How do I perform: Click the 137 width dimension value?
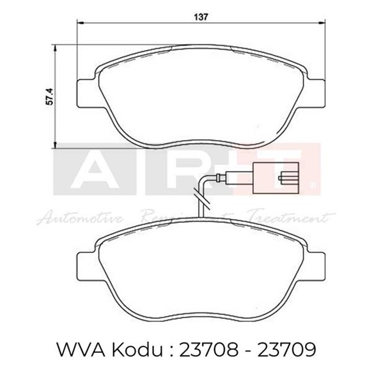tap(202, 16)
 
